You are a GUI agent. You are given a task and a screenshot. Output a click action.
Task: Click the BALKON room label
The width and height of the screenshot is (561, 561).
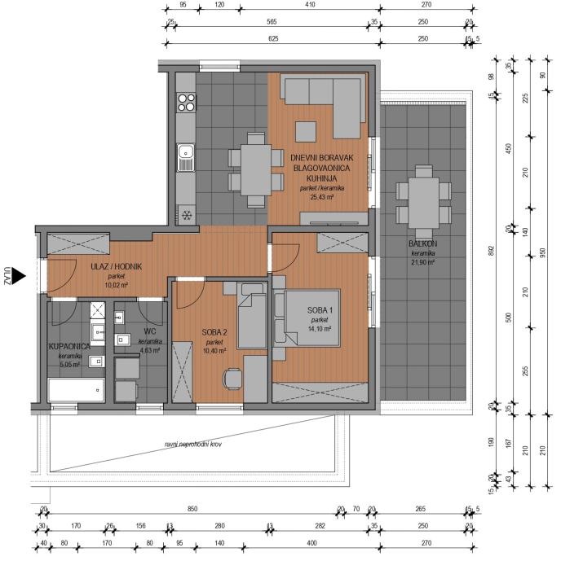click(x=423, y=244)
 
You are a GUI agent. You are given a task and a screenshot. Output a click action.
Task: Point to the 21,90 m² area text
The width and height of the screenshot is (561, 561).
click(x=423, y=262)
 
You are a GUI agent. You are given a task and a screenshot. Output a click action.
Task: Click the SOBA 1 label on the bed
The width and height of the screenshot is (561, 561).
click(x=319, y=310)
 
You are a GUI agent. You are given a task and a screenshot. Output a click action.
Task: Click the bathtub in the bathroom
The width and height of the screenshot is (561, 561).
click(x=76, y=392)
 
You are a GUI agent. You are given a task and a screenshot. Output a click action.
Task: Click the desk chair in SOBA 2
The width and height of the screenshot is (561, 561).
click(x=234, y=378)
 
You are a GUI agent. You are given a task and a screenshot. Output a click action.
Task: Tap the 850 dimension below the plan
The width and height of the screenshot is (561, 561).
click(x=192, y=509)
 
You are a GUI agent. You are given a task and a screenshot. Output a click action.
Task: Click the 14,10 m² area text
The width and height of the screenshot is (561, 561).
click(x=319, y=329)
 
